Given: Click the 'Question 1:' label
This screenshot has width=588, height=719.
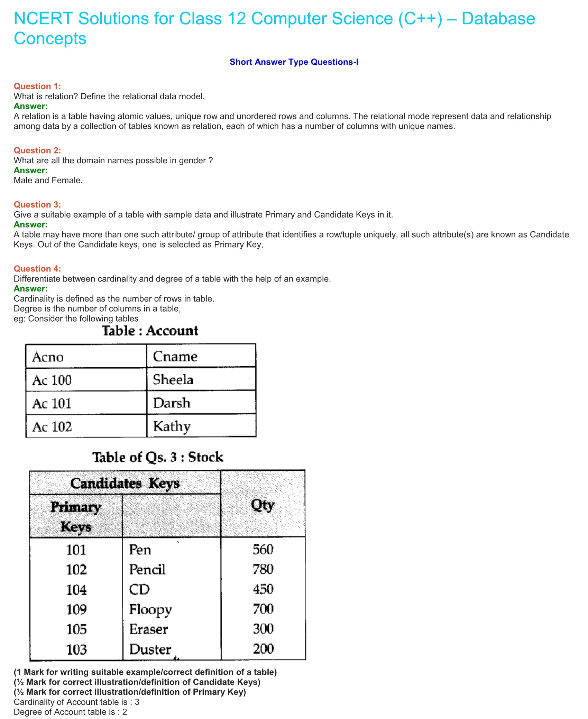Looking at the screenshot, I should (37, 86).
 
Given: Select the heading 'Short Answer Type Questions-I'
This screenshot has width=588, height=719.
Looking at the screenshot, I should (294, 62).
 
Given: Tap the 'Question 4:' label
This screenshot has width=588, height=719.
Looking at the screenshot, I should (37, 269).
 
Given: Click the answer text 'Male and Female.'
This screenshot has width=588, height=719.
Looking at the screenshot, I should (48, 180).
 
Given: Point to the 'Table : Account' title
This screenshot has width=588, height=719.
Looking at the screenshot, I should (150, 331).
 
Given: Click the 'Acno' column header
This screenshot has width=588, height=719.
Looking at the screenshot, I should (48, 357).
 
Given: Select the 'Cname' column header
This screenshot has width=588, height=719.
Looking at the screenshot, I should (175, 357).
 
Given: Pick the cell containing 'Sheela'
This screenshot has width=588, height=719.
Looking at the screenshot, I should (173, 380).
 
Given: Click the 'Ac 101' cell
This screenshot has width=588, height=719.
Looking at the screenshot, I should (52, 403).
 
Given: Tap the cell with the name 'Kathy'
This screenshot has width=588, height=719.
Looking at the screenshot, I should (172, 426).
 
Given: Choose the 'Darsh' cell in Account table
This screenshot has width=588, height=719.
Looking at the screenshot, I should (172, 403).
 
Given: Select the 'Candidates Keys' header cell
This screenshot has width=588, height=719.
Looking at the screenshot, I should (125, 483).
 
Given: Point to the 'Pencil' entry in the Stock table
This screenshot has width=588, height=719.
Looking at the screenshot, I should (147, 570).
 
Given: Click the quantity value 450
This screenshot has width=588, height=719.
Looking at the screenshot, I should (263, 589).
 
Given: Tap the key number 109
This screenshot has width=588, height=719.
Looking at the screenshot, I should (76, 609).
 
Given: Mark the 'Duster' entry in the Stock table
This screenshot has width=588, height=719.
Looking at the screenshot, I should (150, 649).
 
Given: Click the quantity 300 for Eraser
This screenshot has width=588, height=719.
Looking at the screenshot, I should (263, 629).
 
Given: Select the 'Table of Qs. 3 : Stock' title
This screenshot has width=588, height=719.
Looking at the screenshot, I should (158, 457).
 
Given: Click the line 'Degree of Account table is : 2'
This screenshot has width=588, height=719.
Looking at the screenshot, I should (71, 712).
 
